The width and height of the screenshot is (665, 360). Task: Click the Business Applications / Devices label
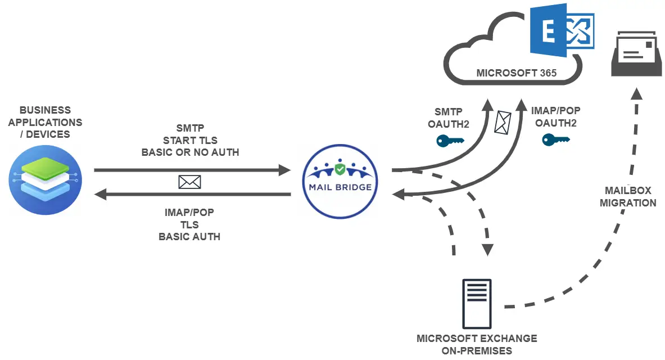pyautogui.click(x=44, y=122)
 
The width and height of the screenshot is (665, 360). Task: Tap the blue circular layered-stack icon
pyautogui.click(x=45, y=179)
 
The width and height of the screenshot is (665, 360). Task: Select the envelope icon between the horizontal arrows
pyautogui.click(x=189, y=182)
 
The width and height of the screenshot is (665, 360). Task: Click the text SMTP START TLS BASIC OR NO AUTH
pyautogui.click(x=190, y=140)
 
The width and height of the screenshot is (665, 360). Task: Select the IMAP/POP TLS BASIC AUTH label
pyautogui.click(x=189, y=224)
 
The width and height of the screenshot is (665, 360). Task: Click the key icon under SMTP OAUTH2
pyautogui.click(x=450, y=141)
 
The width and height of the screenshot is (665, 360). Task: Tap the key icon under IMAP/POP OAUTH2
pyautogui.click(x=555, y=139)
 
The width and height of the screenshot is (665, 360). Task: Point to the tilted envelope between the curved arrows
pyautogui.click(x=502, y=121)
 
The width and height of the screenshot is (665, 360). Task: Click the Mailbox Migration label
pyautogui.click(x=628, y=197)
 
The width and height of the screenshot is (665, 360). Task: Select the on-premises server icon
pyautogui.click(x=477, y=304)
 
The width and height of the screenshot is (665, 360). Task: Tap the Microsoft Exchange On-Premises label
pyautogui.click(x=477, y=344)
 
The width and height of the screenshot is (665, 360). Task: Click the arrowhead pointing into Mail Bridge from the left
pyautogui.click(x=283, y=169)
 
